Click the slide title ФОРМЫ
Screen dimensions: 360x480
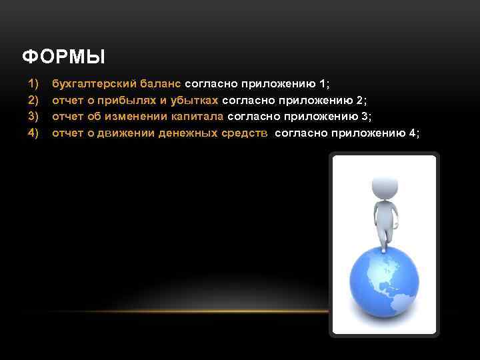pos(63,58)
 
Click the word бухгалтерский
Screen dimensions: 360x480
pos(94,84)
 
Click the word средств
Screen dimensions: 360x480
pos(246,133)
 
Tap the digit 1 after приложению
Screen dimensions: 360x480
pos(323,84)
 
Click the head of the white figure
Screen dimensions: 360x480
pos(383,182)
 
